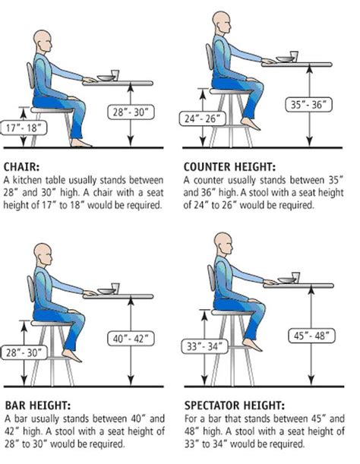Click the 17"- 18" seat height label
click(x=23, y=128)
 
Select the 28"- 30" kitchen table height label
click(x=131, y=112)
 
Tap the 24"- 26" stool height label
click(x=203, y=118)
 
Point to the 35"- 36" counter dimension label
click(x=308, y=105)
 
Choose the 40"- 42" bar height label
click(x=131, y=339)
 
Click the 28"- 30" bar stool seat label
click(x=24, y=352)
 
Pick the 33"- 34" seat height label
click(x=204, y=346)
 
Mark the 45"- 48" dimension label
click(x=311, y=336)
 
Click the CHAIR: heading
click(x=21, y=167)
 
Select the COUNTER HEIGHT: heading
click(x=229, y=167)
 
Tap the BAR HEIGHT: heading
click(x=38, y=406)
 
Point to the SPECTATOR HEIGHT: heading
click(x=235, y=406)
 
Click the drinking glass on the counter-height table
click(x=294, y=56)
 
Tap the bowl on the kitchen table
click(x=106, y=78)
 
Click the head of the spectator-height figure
click(x=223, y=243)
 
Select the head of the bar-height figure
click(x=43, y=254)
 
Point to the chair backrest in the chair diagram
click(x=30, y=76)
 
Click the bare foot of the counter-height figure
click(x=250, y=124)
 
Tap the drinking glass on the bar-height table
click(x=115, y=289)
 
